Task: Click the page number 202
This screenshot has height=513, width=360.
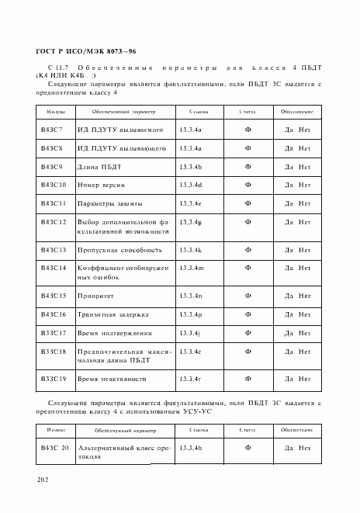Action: point(41,480)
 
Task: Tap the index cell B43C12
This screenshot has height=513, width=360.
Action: point(52,223)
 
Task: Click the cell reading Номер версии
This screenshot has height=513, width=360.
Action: point(101,185)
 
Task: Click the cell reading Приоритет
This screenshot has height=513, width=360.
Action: point(95,296)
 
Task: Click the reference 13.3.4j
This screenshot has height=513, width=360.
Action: point(189,334)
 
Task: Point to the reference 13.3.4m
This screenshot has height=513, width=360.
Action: point(191,269)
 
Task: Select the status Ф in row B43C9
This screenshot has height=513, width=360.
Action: point(247,166)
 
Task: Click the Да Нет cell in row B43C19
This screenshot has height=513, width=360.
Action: point(297,379)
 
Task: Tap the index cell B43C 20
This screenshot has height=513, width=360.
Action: point(54,449)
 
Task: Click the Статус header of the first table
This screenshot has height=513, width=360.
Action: point(247,113)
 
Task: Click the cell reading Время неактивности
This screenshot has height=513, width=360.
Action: point(111,379)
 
